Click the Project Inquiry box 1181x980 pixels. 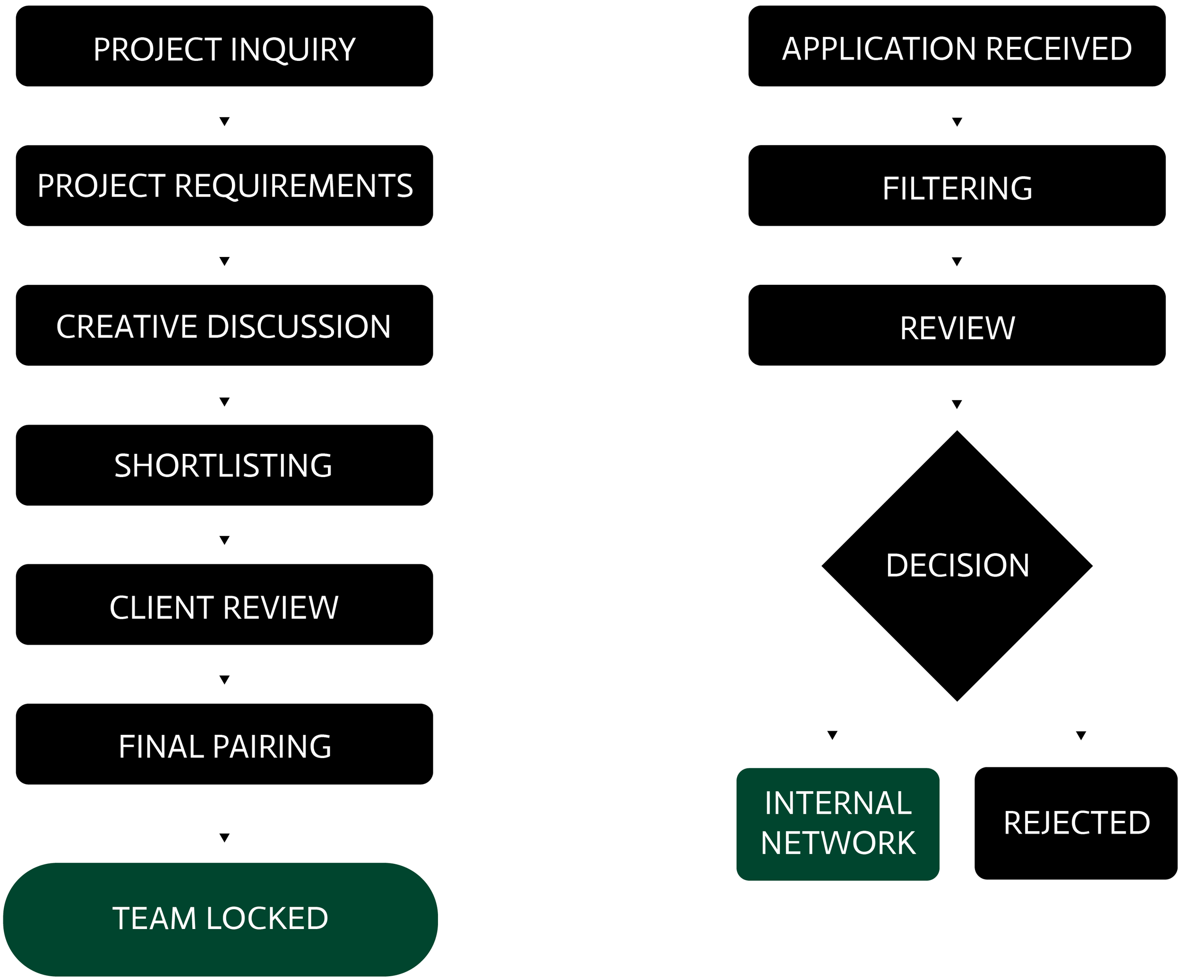[x=224, y=46]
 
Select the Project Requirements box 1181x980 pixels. [x=224, y=186]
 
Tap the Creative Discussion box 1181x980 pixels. [x=224, y=325]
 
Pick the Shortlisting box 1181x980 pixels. [x=224, y=465]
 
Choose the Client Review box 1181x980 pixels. [x=224, y=605]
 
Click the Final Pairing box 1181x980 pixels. [x=224, y=744]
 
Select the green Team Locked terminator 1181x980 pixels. [x=221, y=919]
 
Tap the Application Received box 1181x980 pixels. [x=957, y=46]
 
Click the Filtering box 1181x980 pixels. [x=957, y=186]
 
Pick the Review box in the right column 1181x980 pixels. [x=957, y=325]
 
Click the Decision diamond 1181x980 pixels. [x=957, y=566]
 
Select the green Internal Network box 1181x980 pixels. [x=838, y=824]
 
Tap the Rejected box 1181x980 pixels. [x=1076, y=823]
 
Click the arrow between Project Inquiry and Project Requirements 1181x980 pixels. [x=224, y=121]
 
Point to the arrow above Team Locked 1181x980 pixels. [x=224, y=838]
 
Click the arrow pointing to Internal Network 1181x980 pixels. [x=832, y=735]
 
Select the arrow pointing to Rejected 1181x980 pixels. [x=1081, y=735]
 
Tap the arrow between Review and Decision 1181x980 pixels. [x=957, y=404]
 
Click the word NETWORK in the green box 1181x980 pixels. [x=838, y=843]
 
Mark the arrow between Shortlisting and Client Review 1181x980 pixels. [x=224, y=540]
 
